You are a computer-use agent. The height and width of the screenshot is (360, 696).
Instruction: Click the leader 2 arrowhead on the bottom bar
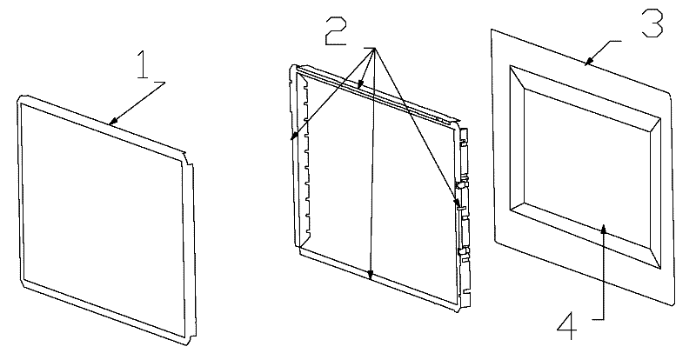[x=371, y=280]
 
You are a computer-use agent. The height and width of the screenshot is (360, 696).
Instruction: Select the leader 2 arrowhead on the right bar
[x=458, y=207]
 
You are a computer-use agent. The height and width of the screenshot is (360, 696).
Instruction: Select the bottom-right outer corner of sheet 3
[x=674, y=305]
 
